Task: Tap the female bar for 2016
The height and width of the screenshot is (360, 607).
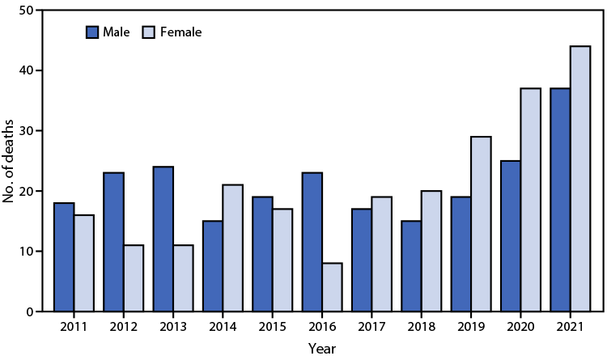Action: pos(329,287)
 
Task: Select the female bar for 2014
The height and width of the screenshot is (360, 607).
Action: pos(231,248)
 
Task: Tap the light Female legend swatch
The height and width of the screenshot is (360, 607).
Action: pos(150,32)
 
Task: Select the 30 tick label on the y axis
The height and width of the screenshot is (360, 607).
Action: pos(28,131)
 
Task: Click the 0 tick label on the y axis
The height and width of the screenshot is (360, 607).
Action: pos(32,311)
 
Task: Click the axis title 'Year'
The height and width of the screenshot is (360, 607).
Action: pos(321,348)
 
